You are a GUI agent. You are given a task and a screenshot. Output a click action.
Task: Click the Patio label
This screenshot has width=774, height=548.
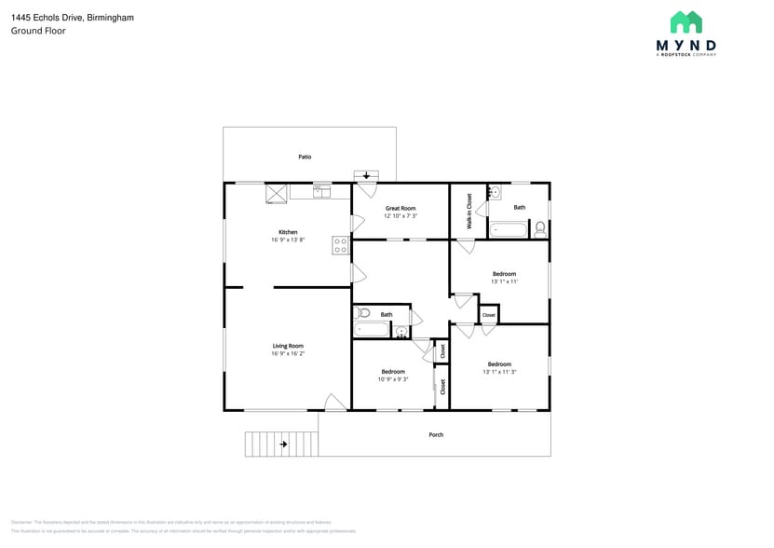coord(305,157)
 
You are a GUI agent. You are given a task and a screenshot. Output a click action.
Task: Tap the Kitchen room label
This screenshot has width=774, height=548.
coord(288,231)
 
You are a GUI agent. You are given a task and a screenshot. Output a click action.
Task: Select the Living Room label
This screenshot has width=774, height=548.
coord(288,346)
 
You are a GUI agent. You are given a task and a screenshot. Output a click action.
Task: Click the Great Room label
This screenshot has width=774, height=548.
coord(401,208)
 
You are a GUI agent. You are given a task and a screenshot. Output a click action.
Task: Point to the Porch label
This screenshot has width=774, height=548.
coord(436,434)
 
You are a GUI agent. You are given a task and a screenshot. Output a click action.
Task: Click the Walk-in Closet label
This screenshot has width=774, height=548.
coord(469,212)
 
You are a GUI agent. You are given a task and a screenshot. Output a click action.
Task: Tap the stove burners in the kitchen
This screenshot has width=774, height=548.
coord(341,246)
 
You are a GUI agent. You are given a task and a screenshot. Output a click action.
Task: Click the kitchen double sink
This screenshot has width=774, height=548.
coord(321,191)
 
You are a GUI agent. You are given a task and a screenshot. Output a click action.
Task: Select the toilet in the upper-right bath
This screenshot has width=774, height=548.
coord(539,227)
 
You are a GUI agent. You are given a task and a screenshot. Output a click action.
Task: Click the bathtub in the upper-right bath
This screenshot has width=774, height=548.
coord(509,228)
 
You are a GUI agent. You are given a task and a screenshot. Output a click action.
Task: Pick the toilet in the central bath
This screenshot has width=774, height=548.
coord(362,313)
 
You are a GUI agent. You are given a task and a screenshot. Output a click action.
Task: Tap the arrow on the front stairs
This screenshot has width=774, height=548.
coord(283,445)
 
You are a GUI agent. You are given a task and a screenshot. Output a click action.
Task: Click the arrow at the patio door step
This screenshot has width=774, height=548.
coord(366,175)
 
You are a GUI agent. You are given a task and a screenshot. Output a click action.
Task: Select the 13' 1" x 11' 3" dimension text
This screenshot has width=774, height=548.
coord(499,372)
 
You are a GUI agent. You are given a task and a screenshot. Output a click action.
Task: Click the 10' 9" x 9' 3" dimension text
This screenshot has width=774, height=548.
coord(392,379)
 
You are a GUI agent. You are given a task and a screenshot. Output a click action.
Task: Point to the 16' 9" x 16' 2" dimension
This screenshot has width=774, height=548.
coord(288,353)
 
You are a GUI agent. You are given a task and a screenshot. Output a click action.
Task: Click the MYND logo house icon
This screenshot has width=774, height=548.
coord(686,22)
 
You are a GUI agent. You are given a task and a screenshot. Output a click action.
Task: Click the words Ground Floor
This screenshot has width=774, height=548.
coord(38,31)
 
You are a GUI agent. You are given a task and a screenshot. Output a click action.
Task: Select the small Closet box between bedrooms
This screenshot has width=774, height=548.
coord(488,315)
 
